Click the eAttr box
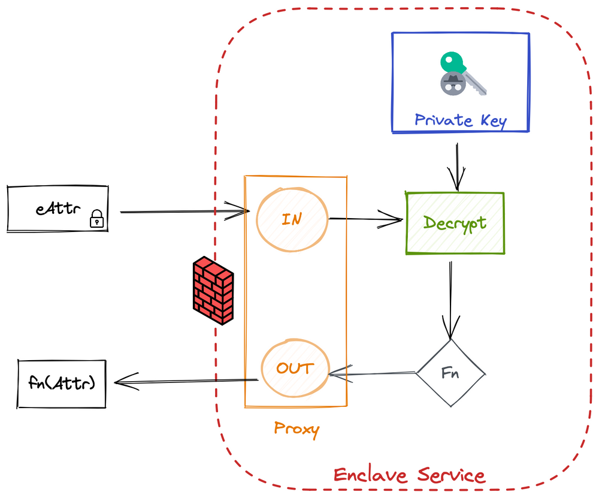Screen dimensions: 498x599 pyautogui.click(x=58, y=209)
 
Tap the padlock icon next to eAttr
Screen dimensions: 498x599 pyautogui.click(x=96, y=219)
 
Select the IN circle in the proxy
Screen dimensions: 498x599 pyautogui.click(x=292, y=219)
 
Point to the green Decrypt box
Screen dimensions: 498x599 pyautogui.click(x=455, y=223)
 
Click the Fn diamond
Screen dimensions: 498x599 pyautogui.click(x=450, y=372)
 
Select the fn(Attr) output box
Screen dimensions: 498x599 pyautogui.click(x=62, y=383)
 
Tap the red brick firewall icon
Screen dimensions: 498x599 pyautogui.click(x=213, y=292)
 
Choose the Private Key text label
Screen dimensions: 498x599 pyautogui.click(x=460, y=120)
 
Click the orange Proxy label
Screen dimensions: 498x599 pyautogui.click(x=297, y=428)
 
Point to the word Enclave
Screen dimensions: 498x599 pyautogui.click(x=369, y=475)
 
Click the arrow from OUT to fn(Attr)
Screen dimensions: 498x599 pyautogui.click(x=186, y=381)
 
